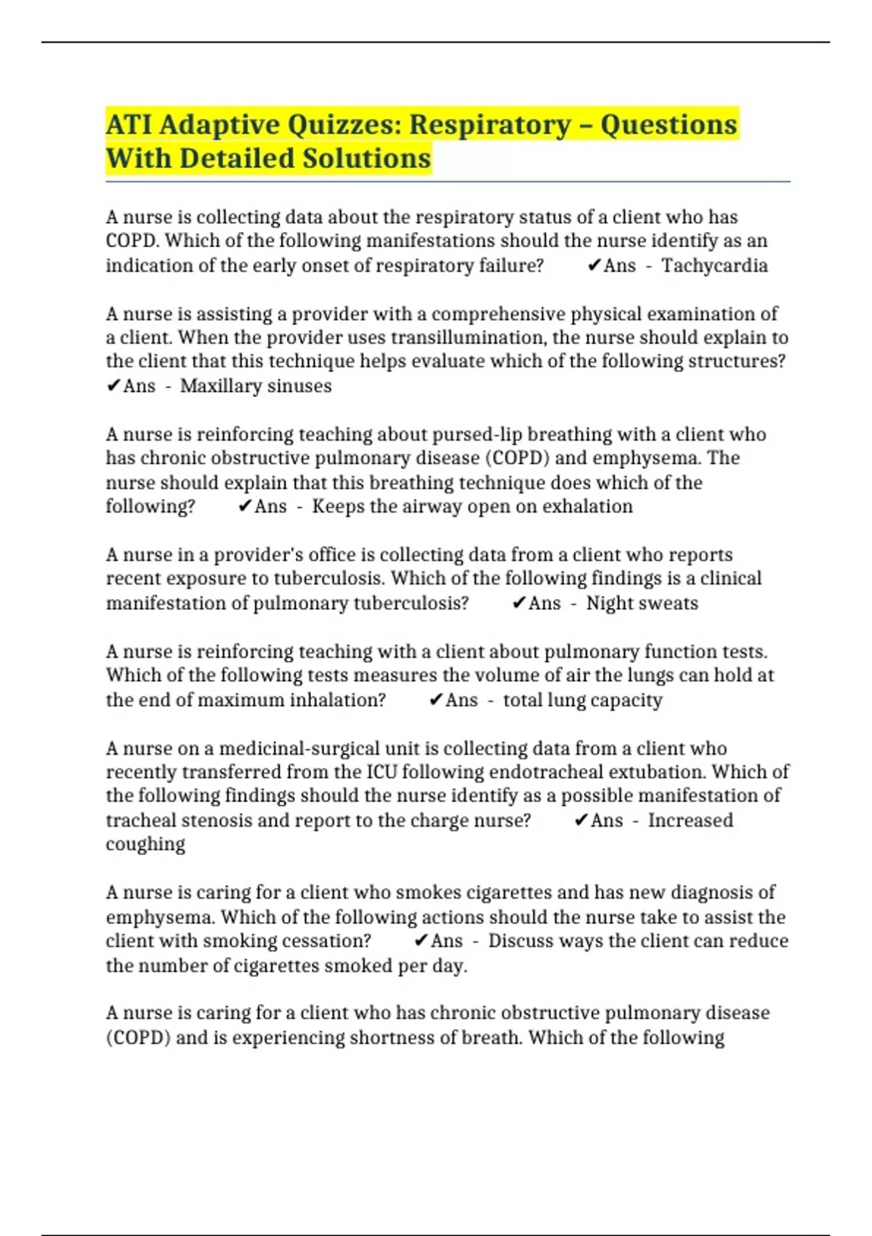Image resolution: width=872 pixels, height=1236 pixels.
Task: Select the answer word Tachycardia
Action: click(x=714, y=265)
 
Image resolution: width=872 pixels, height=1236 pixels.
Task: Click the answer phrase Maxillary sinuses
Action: click(x=256, y=385)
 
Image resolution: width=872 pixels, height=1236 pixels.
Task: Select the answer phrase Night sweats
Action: click(x=642, y=603)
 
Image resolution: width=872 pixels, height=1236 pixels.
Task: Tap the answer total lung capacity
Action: click(x=582, y=699)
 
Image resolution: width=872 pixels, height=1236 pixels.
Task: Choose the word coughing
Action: click(x=145, y=844)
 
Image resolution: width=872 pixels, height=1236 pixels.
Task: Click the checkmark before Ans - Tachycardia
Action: click(x=593, y=265)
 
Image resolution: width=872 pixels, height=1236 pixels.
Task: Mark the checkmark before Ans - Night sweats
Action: click(x=518, y=603)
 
